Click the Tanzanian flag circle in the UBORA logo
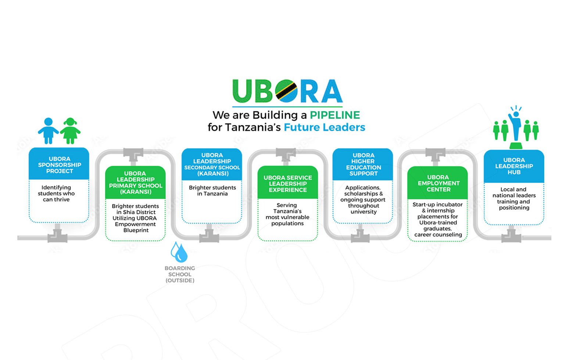click(287, 91)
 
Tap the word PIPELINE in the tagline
click(334, 115)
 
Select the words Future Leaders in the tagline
click(324, 127)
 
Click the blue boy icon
click(48, 131)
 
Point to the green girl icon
click(70, 131)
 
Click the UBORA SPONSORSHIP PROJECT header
click(59, 165)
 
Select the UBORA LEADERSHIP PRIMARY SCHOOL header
click(135, 183)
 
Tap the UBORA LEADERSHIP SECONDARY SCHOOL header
click(212, 164)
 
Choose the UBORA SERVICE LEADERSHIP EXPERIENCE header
click(287, 184)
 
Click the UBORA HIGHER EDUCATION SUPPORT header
click(363, 165)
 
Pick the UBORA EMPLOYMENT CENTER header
click(438, 183)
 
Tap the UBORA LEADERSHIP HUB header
click(514, 166)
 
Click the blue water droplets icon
click(179, 252)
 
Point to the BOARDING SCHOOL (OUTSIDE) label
click(180, 274)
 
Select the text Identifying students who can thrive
click(56, 194)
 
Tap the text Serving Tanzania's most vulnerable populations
click(287, 214)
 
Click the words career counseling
click(438, 235)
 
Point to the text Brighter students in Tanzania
click(212, 191)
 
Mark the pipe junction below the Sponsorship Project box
click(57, 235)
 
